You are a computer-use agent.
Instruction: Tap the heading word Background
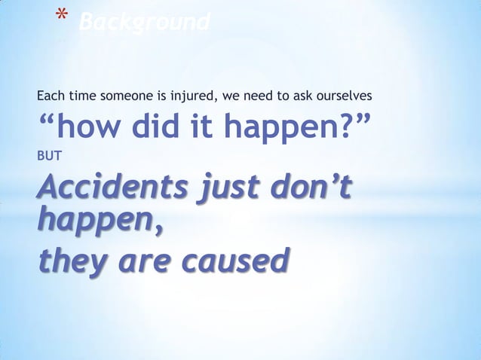[x=144, y=23]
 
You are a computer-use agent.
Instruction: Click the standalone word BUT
[x=47, y=157]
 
